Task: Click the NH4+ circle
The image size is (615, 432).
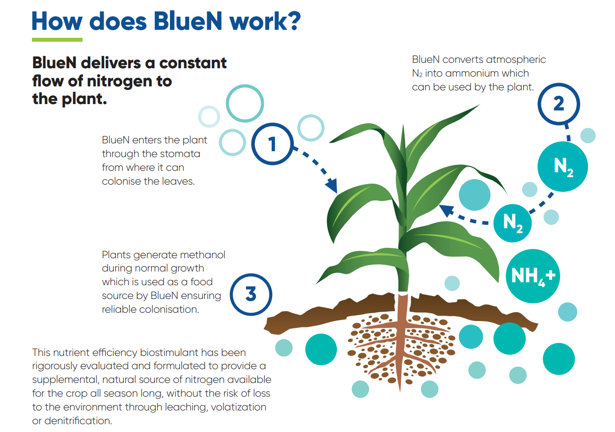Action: pyautogui.click(x=533, y=276)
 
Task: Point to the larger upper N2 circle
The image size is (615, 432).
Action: pyautogui.click(x=562, y=166)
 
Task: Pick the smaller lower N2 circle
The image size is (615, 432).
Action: pyautogui.click(x=512, y=223)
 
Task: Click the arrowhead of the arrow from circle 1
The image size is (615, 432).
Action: pyautogui.click(x=332, y=186)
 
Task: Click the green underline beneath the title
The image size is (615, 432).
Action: pyautogui.click(x=57, y=40)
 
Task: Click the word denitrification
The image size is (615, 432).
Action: pyautogui.click(x=78, y=421)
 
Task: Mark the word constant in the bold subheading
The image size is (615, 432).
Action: pyautogui.click(x=193, y=63)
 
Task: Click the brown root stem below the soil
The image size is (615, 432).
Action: pyautogui.click(x=401, y=343)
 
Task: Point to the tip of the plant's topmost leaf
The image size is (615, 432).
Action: pyautogui.click(x=479, y=105)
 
